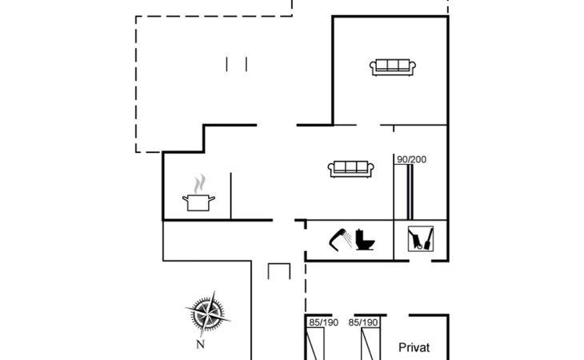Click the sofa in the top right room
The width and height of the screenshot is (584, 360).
pyautogui.click(x=392, y=67)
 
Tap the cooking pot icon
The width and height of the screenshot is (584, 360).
pyautogui.click(x=197, y=202)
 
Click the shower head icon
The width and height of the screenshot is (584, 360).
pyautogui.click(x=342, y=239)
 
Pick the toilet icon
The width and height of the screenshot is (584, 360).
pyautogui.click(x=367, y=239)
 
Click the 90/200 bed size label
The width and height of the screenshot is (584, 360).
pyautogui.click(x=412, y=159)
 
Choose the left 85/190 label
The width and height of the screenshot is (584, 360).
pyautogui.click(x=323, y=322)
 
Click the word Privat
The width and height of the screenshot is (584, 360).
pyautogui.click(x=414, y=347)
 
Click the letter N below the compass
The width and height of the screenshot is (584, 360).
pyautogui.click(x=202, y=345)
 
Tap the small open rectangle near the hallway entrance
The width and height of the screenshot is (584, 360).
pyautogui.click(x=278, y=271)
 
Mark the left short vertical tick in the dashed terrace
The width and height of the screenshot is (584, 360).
pyautogui.click(x=228, y=64)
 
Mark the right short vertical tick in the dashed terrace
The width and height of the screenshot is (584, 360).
pyautogui.click(x=246, y=64)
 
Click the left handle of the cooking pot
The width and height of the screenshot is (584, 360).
pyautogui.click(x=186, y=199)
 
